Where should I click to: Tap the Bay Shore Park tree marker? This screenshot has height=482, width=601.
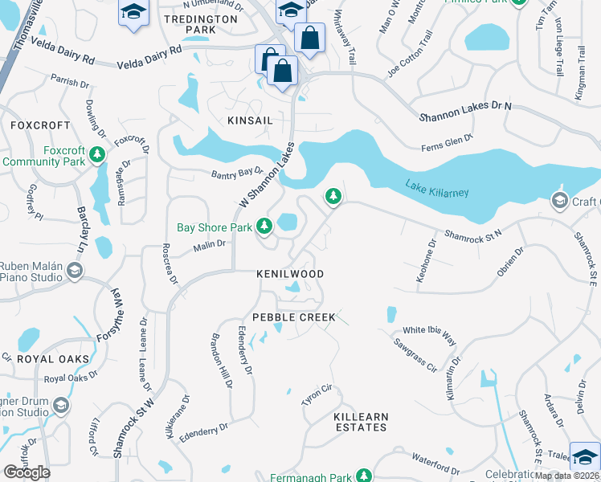[264, 227]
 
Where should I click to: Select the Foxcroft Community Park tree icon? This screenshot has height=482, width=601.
[97, 153]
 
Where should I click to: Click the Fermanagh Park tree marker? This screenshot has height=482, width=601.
[364, 476]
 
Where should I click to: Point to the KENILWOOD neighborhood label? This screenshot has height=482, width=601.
[290, 274]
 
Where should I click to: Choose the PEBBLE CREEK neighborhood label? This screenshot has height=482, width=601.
[293, 317]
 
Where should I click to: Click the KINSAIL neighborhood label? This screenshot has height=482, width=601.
[250, 120]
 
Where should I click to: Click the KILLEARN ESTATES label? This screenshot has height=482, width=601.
[361, 422]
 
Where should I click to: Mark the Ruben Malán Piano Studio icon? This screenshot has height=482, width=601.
[75, 270]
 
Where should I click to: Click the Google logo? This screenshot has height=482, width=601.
[27, 472]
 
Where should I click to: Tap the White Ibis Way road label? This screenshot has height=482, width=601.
[429, 330]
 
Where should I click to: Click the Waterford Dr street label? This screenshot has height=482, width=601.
[435, 465]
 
